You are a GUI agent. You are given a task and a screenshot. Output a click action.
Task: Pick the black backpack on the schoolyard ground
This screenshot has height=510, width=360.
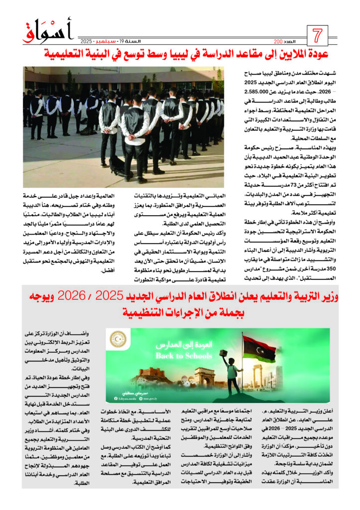[118, 166]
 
